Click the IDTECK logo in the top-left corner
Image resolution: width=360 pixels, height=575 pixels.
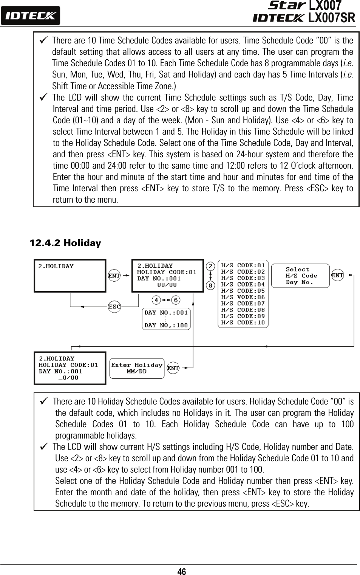[x=30, y=16]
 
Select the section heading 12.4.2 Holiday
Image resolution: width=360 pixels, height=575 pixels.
[x=65, y=243]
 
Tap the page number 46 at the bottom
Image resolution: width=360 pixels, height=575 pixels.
[x=181, y=571]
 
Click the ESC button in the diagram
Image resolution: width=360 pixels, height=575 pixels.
[x=114, y=307]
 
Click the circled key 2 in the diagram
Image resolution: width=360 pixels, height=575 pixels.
[x=211, y=266]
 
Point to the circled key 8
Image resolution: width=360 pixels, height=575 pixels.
[x=211, y=285]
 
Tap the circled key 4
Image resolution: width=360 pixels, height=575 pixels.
[x=156, y=300]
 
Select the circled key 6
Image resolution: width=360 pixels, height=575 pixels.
[x=176, y=300]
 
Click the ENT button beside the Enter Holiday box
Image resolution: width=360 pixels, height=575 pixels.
[x=173, y=368]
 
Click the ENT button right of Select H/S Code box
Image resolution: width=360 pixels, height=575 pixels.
[x=337, y=276]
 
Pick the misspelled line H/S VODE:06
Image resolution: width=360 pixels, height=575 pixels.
[x=243, y=297]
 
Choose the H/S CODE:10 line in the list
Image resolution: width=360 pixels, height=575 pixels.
[x=243, y=322]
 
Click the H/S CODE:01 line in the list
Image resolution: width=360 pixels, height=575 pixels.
[x=243, y=265]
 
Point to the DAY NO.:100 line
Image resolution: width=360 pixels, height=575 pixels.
[x=166, y=325]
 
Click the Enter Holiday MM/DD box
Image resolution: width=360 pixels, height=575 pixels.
[x=137, y=368]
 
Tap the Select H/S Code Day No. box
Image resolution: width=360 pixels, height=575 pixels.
[x=300, y=276]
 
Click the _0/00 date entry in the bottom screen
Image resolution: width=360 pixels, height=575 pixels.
[x=69, y=378]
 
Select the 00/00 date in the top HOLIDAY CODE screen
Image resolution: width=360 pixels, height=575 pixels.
[x=167, y=285]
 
